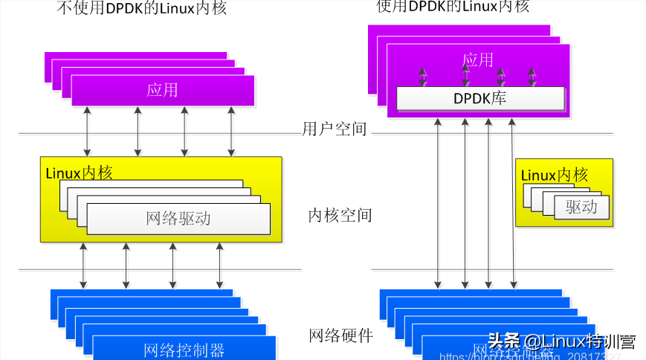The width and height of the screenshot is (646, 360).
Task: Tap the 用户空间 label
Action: tap(335, 129)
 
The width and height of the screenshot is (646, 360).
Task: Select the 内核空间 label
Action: tap(340, 216)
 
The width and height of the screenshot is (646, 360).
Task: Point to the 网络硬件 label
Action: tap(340, 335)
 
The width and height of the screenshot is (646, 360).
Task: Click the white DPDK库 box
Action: tap(480, 97)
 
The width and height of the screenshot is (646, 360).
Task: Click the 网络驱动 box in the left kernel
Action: tap(178, 218)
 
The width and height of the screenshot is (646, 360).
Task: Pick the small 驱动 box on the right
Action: tap(581, 207)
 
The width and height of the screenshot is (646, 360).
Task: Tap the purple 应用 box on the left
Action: tap(163, 90)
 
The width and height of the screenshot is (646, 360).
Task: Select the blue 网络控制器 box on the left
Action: tap(184, 348)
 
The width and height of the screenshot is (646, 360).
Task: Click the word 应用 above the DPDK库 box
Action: tap(477, 60)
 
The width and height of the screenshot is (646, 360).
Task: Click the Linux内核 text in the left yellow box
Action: tap(80, 173)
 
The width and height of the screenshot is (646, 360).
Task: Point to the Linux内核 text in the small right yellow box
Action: tap(555, 176)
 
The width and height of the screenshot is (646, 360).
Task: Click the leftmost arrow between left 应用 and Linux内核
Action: tap(88, 131)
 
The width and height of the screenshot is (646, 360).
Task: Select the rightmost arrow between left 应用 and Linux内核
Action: tap(232, 131)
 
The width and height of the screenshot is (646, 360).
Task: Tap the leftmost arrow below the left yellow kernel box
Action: tap(83, 265)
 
